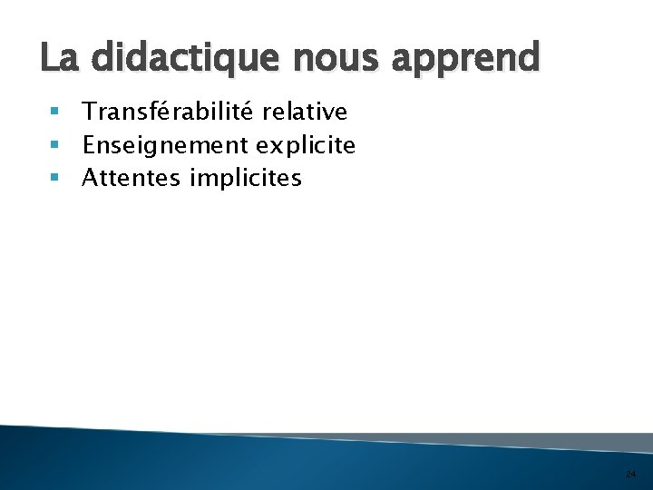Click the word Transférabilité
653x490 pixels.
[x=170, y=112]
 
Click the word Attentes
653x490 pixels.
[x=132, y=178]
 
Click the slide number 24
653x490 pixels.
[x=630, y=474]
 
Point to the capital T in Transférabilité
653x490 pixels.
[x=89, y=112]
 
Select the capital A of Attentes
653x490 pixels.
[x=90, y=178]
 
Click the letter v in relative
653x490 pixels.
[x=328, y=113]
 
